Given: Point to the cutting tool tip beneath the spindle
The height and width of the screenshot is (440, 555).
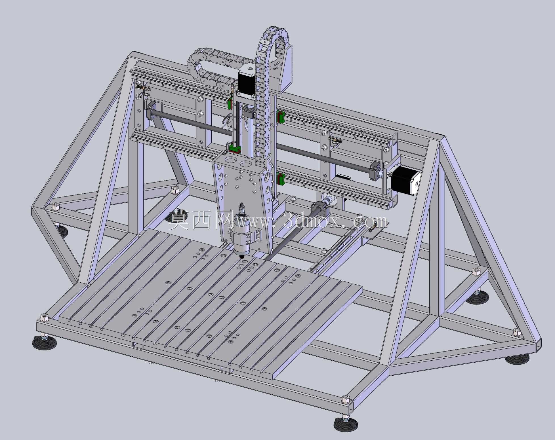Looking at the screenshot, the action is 242,257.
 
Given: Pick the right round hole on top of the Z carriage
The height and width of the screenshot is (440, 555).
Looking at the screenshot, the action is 246,164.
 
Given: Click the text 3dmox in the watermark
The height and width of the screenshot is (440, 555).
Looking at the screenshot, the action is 308,221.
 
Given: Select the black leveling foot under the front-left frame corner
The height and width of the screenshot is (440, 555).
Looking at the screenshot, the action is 44,342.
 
